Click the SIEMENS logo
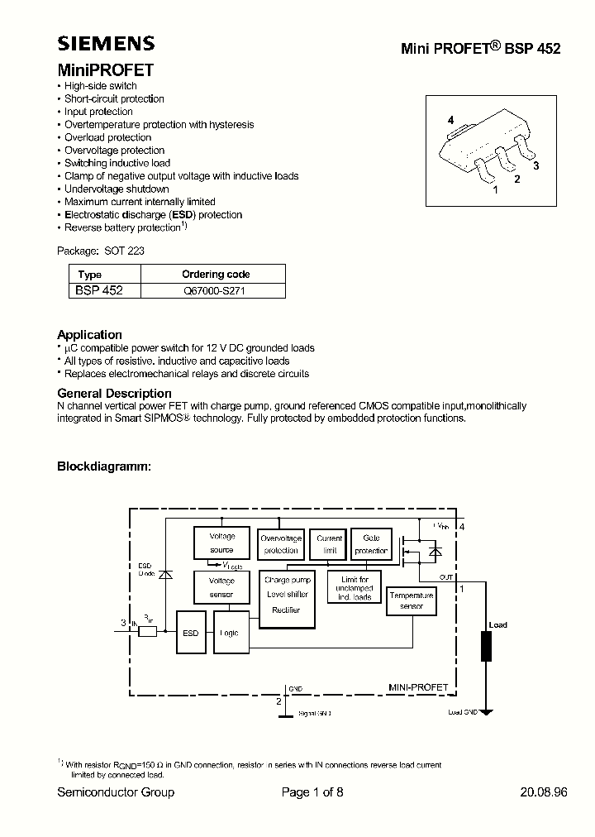tap(106, 44)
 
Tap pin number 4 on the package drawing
tap(450, 121)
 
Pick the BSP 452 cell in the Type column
tap(99, 291)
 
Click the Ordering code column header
tap(215, 275)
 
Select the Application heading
tap(89, 335)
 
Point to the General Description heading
tap(114, 394)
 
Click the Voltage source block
tap(221, 543)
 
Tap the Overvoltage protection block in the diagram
tap(281, 544)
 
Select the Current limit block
tap(330, 544)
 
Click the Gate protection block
tap(371, 544)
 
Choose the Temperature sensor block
tap(411, 600)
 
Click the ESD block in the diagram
tap(191, 633)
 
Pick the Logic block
tap(230, 633)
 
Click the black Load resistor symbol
tap(486, 646)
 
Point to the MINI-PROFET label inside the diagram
tap(418, 687)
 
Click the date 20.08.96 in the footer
tap(543, 792)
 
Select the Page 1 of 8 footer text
tap(312, 792)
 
